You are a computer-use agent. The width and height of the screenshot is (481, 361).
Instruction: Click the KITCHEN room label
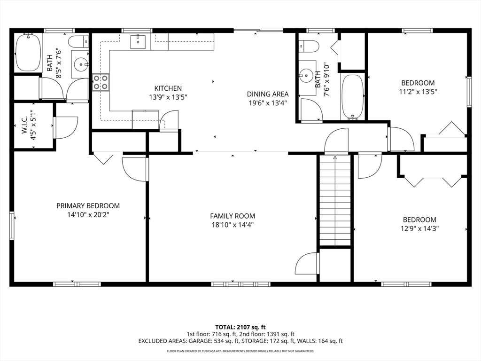pyautogui.click(x=168, y=88)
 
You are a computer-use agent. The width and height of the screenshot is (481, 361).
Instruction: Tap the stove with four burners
pyautogui.click(x=101, y=82)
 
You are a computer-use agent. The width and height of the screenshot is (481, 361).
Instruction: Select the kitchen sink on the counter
pyautogui.click(x=138, y=42)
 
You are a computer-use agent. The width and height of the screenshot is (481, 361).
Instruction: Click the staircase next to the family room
pyautogui.click(x=335, y=200)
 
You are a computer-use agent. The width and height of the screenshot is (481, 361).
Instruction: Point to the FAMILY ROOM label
pyautogui.click(x=233, y=216)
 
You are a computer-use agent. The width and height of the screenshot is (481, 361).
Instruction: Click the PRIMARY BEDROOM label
pyautogui.click(x=88, y=206)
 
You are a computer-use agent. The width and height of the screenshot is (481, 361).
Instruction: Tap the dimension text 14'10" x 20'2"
pyautogui.click(x=88, y=214)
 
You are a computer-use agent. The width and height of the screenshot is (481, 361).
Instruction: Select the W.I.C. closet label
pyautogui.click(x=24, y=125)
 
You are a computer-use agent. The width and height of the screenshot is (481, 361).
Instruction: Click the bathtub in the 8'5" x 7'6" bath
pyautogui.click(x=28, y=52)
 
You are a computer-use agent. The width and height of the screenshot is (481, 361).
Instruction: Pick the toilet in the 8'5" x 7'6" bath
pyautogui.click(x=78, y=42)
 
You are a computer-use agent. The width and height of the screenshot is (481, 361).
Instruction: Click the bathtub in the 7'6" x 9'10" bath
pyautogui.click(x=352, y=96)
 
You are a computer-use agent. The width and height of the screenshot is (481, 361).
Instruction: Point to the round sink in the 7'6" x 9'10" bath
pyautogui.click(x=305, y=75)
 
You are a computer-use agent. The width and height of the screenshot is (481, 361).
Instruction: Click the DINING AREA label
pyautogui.click(x=268, y=94)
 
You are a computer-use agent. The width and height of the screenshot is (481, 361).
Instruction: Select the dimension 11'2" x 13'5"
pyautogui.click(x=418, y=92)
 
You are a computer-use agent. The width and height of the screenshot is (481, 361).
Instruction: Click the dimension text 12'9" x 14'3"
pyautogui.click(x=419, y=228)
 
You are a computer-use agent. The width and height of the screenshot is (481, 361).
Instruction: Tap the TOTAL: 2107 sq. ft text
pyautogui.click(x=240, y=327)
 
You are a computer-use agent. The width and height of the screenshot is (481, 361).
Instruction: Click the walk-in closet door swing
pyautogui.click(x=66, y=127)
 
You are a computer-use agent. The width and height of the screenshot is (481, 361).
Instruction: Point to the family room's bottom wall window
pyautogui.click(x=240, y=284)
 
